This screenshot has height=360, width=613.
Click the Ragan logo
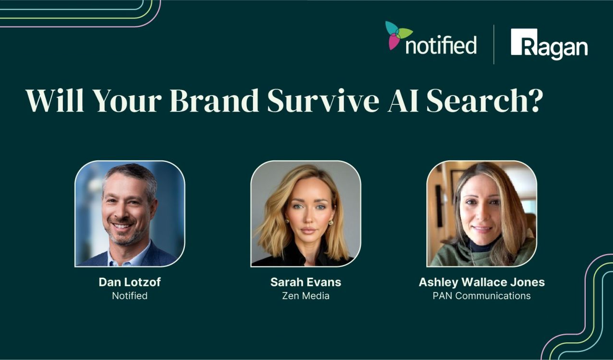click(549, 45)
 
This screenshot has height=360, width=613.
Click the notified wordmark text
click(441, 45)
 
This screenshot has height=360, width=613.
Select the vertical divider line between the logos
click(494, 45)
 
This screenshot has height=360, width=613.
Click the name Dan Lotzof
click(130, 282)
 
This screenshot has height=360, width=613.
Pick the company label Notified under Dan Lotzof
click(130, 296)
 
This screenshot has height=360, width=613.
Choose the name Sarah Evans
click(306, 282)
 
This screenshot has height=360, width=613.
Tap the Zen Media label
click(306, 296)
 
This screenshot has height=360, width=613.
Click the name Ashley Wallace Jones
click(481, 282)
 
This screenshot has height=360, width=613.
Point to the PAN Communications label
click(481, 296)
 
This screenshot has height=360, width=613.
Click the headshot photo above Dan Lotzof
click(130, 214)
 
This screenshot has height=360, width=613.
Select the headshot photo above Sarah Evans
click(306, 214)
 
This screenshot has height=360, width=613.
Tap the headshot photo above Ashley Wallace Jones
click(481, 214)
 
